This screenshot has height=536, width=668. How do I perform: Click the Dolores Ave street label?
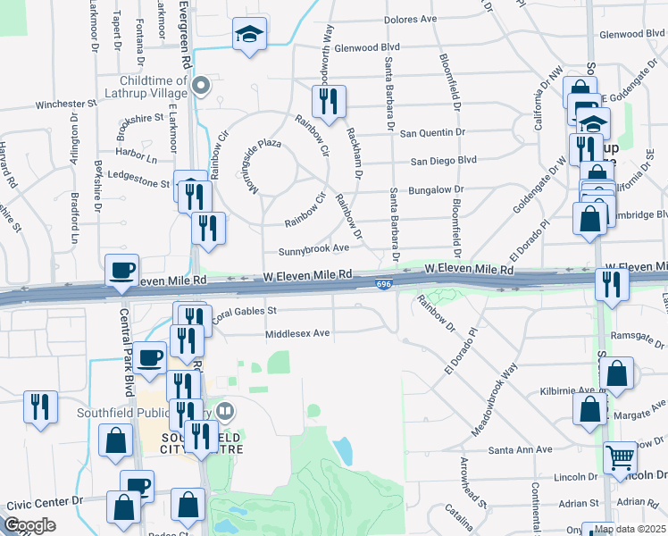(410, 19)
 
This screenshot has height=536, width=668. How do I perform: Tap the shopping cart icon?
(620, 458)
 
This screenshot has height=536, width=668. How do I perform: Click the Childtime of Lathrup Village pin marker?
(201, 86)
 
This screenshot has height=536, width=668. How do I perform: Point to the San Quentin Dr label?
(432, 133)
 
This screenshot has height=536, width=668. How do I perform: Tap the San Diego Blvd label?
(443, 162)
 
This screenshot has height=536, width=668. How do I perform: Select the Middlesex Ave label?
(297, 333)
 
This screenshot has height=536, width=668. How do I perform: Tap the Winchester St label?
(65, 105)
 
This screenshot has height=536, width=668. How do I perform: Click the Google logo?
(29, 525)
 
